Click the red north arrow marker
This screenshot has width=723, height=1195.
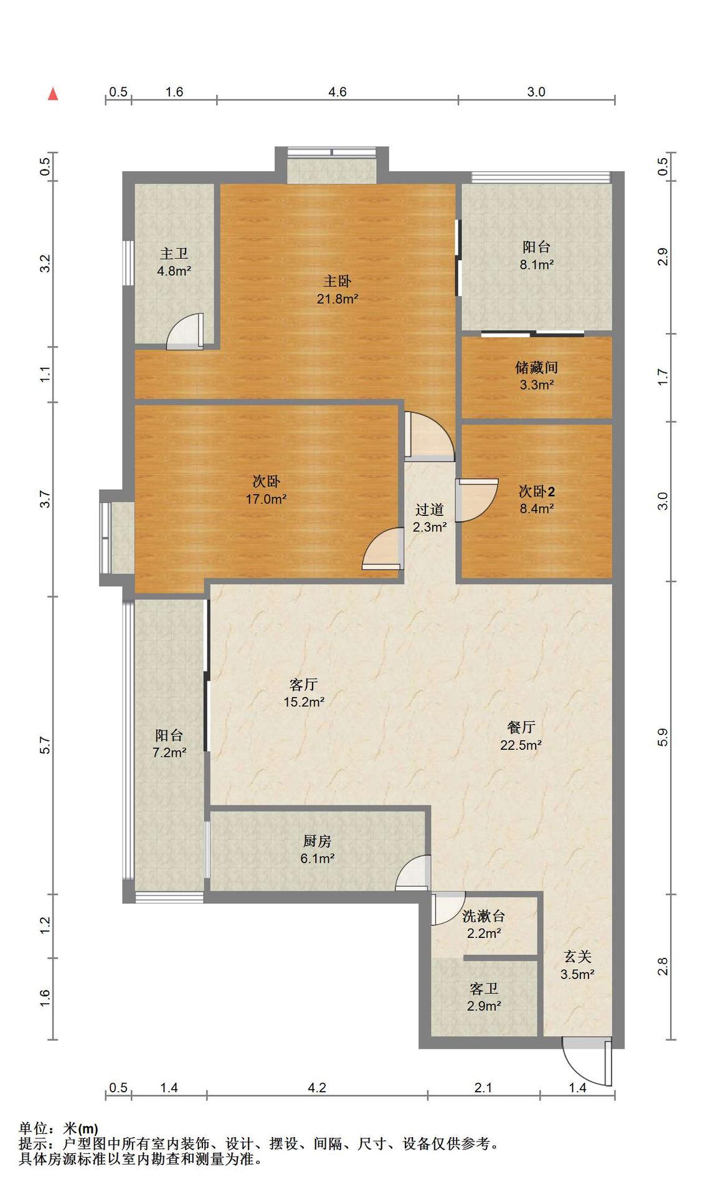pyautogui.click(x=54, y=94)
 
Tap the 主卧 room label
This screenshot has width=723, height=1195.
pyautogui.click(x=338, y=281)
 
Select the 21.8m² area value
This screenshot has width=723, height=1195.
pyautogui.click(x=338, y=299)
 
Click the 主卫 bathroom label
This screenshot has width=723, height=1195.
pyautogui.click(x=174, y=254)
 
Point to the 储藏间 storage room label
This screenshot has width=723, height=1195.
pyautogui.click(x=536, y=367)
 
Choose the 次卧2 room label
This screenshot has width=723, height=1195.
pyautogui.click(x=537, y=492)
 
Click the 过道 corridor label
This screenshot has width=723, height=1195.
pyautogui.click(x=430, y=510)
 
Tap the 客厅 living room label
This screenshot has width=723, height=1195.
pyautogui.click(x=304, y=685)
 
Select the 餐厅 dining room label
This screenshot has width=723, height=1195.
pyautogui.click(x=521, y=727)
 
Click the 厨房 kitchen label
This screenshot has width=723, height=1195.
pyautogui.click(x=317, y=841)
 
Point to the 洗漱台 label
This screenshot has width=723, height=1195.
pyautogui.click(x=484, y=916)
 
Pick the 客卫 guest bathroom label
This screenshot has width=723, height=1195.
pyautogui.click(x=484, y=989)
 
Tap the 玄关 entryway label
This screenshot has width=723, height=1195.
pyautogui.click(x=577, y=957)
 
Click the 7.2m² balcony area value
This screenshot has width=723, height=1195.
pyautogui.click(x=169, y=752)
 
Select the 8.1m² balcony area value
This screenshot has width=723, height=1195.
pyautogui.click(x=537, y=265)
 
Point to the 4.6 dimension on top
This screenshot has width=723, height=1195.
pyautogui.click(x=338, y=92)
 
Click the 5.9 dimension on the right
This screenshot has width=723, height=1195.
pyautogui.click(x=663, y=738)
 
